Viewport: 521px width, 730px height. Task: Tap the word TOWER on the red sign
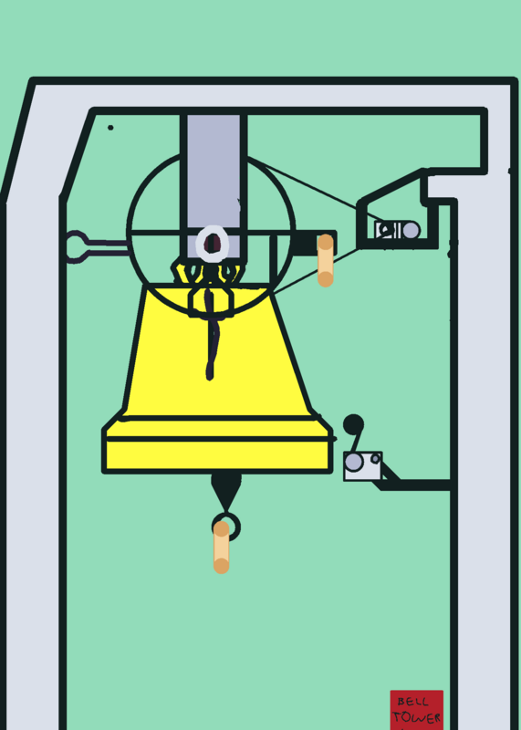click(x=416, y=717)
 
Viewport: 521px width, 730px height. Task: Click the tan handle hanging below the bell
click(x=221, y=547)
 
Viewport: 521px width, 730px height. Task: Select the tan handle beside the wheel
click(x=326, y=260)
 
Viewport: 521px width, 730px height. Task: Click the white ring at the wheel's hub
click(x=213, y=244)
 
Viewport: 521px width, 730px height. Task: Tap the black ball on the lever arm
click(x=353, y=424)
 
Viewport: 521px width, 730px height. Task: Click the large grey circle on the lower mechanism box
click(x=354, y=463)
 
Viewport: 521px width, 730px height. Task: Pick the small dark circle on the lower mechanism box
click(x=375, y=459)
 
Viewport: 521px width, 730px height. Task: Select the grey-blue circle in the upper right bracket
click(x=411, y=230)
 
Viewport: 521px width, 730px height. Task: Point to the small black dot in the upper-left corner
click(x=110, y=127)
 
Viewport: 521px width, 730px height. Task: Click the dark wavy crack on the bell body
click(x=212, y=335)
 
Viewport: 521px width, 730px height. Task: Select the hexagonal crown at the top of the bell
click(x=211, y=302)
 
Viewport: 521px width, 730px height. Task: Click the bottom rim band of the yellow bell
click(x=217, y=455)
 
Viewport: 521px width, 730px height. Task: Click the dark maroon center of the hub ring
click(x=213, y=244)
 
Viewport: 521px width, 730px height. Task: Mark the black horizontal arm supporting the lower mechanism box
click(x=414, y=485)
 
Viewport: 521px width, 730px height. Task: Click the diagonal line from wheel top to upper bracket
click(x=316, y=188)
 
